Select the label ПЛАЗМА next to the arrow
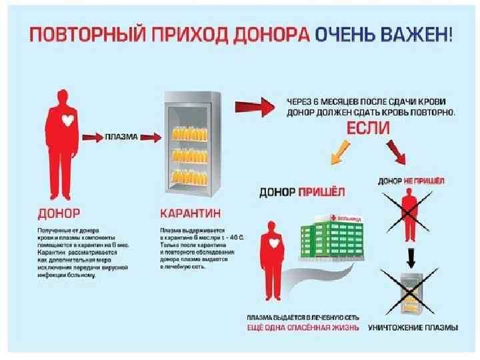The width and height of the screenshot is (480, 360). click(x=121, y=137)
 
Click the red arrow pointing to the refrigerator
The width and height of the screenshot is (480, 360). click(x=150, y=137)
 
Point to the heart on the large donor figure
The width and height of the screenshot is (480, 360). click(x=66, y=120)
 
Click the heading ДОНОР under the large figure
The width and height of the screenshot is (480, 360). click(x=58, y=214)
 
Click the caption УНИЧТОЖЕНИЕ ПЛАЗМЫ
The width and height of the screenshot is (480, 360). click(x=413, y=327)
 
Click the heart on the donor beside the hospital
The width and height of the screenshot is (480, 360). click(x=273, y=245)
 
